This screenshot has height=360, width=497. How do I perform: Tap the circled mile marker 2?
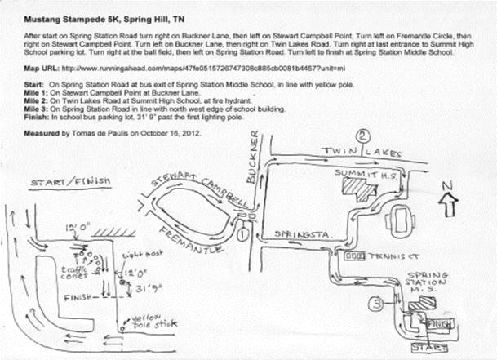[364, 136]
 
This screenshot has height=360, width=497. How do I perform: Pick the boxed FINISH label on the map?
[439, 324]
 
